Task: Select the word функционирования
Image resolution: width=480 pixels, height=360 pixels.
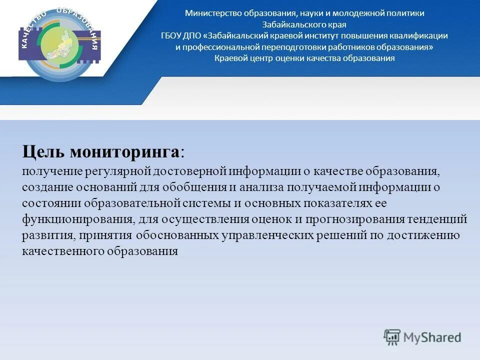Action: (x=76, y=219)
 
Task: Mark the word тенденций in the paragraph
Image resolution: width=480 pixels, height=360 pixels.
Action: (x=438, y=219)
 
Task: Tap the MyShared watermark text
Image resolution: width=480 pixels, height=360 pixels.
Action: (x=432, y=337)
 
